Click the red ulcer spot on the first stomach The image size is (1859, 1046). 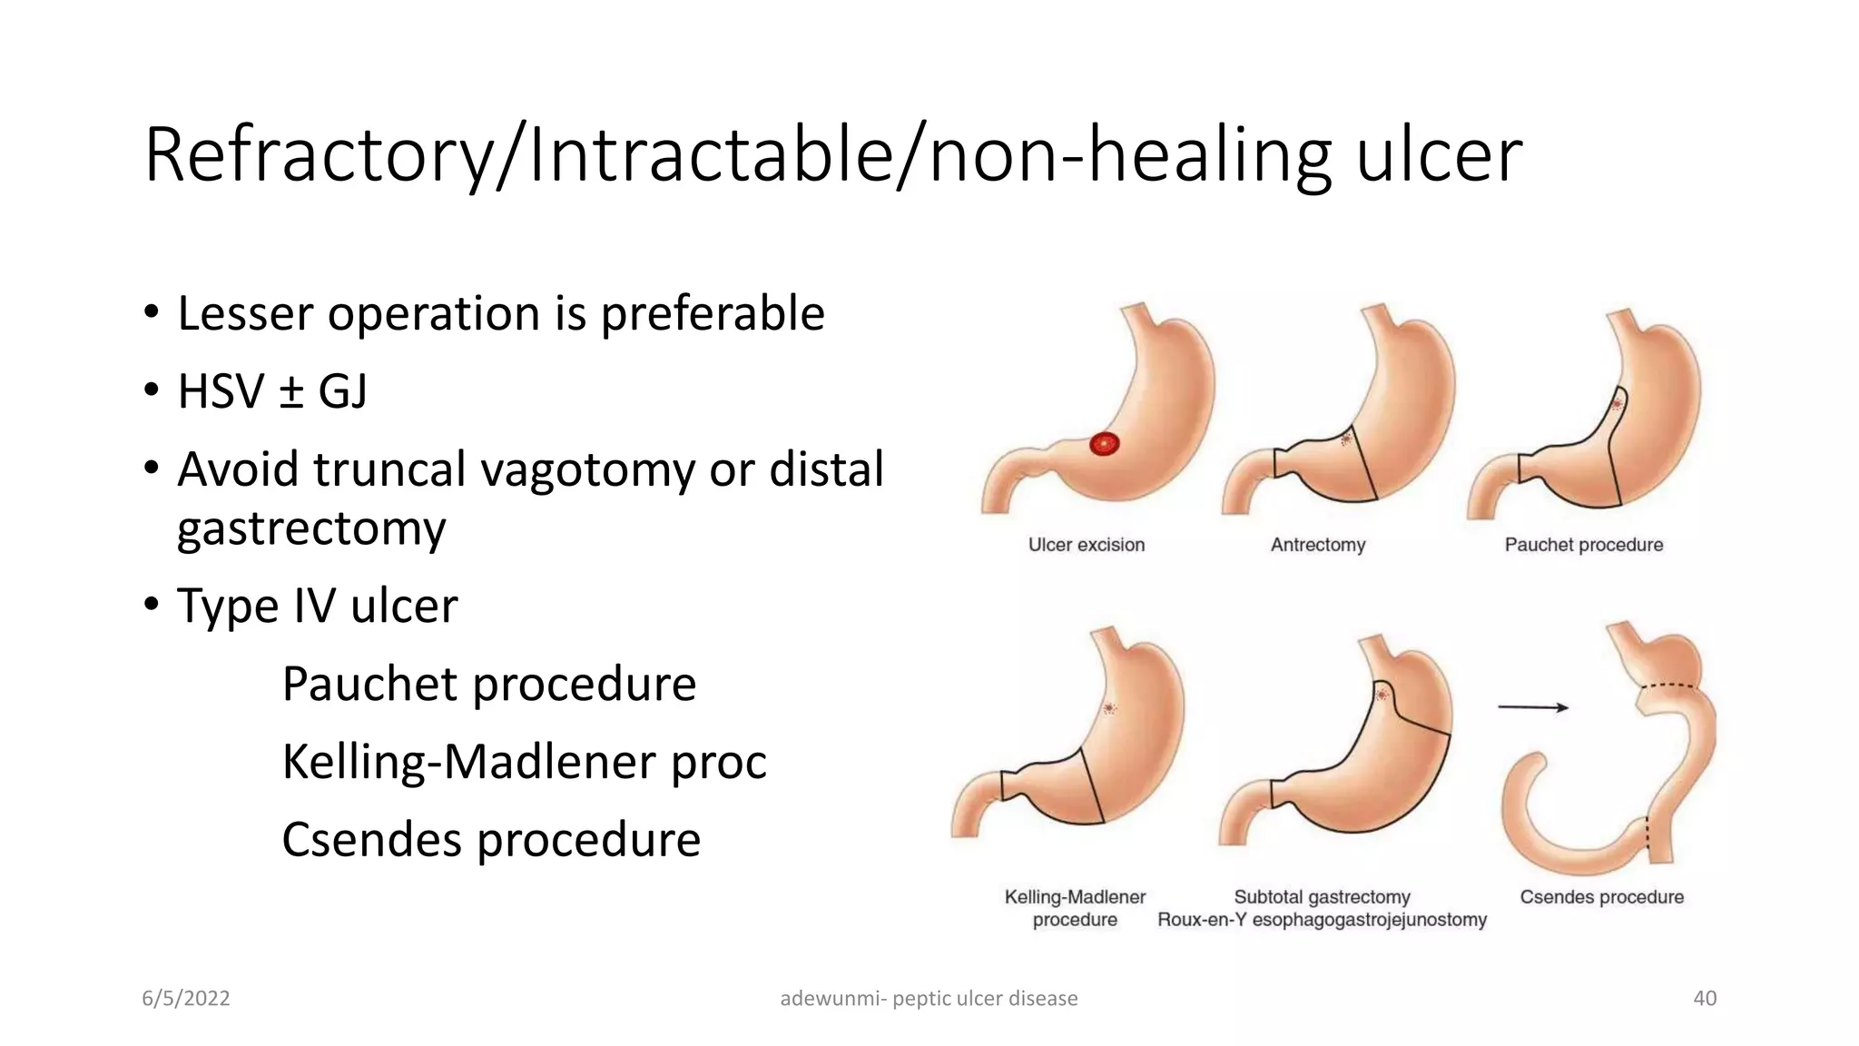tap(1104, 444)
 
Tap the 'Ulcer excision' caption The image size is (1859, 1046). tap(1086, 545)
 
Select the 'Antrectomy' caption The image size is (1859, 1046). tap(1317, 545)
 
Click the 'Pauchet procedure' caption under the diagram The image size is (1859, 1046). tap(1583, 545)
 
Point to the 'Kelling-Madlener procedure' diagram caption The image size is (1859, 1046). tap(1075, 908)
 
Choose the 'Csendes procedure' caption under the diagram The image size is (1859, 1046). tap(1601, 897)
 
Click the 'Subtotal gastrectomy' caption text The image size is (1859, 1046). tap(1322, 897)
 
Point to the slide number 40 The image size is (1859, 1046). tap(1705, 999)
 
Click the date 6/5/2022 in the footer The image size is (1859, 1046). tap(186, 999)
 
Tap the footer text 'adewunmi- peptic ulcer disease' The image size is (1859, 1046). tap(929, 999)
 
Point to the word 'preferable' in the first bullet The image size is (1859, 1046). tap(713, 314)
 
